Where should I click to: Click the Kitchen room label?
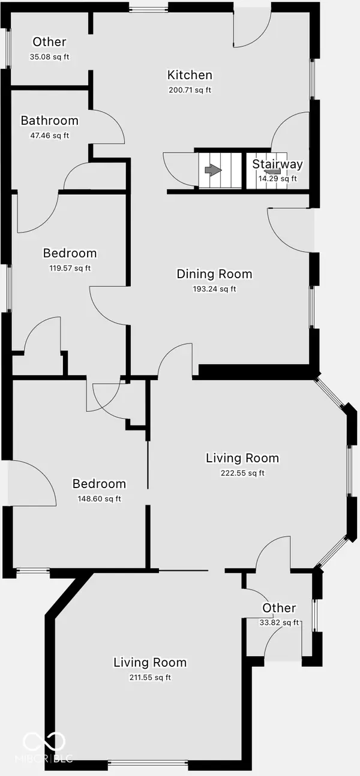coord(190,75)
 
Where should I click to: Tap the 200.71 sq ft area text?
coord(190,90)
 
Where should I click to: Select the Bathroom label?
coord(50,121)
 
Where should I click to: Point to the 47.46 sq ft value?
coord(50,136)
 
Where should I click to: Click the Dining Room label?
coord(214,274)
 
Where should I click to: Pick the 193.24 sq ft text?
coord(214,289)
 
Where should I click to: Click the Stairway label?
coord(277,164)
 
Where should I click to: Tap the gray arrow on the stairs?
coord(213,170)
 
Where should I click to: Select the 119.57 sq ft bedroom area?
coord(70,268)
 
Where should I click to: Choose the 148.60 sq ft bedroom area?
coord(100,499)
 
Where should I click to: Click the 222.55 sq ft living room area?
coord(242,473)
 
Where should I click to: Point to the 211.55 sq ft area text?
coord(150,677)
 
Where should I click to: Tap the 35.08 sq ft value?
coord(50,57)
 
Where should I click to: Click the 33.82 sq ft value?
coord(279,622)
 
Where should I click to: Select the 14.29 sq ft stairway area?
coord(278,179)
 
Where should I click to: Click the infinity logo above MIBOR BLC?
coord(44,742)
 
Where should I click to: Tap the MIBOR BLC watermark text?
coord(44,759)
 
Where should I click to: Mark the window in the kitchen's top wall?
coord(149,8)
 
